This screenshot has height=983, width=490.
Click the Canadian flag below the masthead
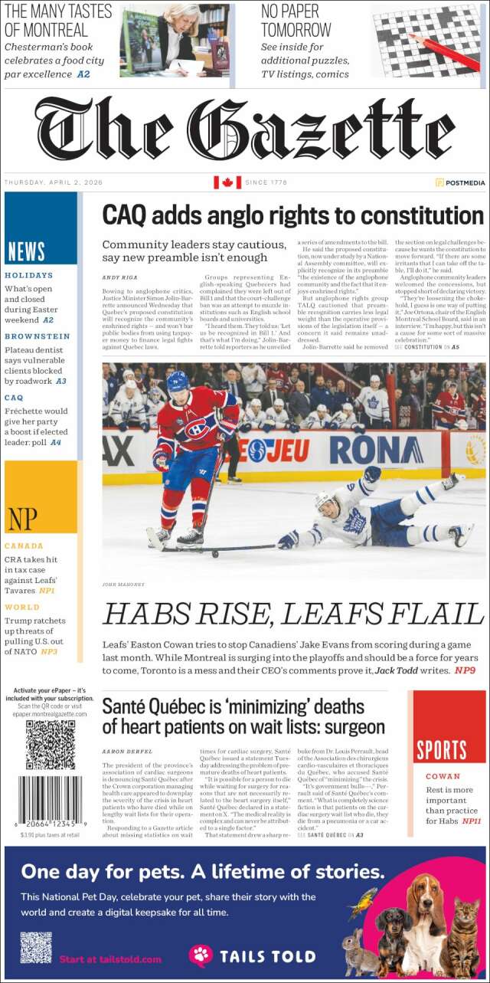[227, 182]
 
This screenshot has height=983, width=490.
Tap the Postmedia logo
[460, 182]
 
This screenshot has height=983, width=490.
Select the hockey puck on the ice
[215, 552]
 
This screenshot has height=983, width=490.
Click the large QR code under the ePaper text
[51, 745]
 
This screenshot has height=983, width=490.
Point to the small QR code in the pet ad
[36, 947]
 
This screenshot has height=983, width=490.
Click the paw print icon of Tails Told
[201, 955]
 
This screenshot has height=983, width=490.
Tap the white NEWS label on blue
[26, 251]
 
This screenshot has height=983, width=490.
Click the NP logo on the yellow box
[22, 519]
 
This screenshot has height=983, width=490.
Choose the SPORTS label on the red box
[442, 749]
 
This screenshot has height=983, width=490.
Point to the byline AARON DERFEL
[127, 752]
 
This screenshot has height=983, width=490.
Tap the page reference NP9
[465, 670]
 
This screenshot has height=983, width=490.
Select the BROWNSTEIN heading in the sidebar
[37, 336]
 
